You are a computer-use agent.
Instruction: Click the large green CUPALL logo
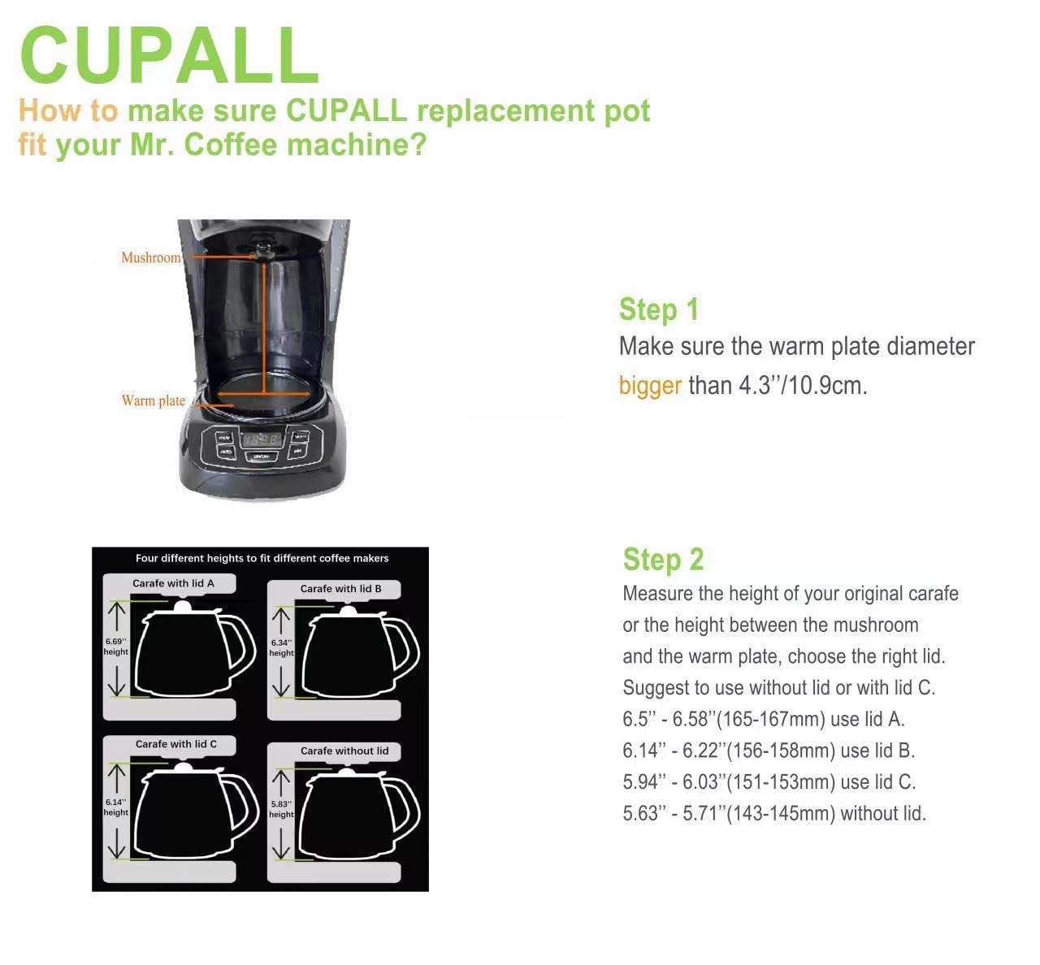tap(169, 55)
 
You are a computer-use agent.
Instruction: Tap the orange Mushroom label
tap(151, 257)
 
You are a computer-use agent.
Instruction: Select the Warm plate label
tap(154, 400)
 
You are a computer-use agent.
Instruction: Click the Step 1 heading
tap(659, 309)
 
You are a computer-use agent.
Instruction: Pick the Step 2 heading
tap(663, 559)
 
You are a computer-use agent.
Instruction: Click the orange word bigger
tap(650, 386)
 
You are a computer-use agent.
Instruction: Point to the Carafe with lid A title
tap(173, 583)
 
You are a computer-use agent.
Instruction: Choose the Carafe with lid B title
tap(341, 589)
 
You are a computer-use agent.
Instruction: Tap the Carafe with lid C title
tap(176, 744)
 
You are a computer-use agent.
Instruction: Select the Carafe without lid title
tap(344, 751)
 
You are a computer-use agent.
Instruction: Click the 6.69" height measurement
tap(115, 647)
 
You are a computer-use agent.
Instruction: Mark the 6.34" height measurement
tap(282, 647)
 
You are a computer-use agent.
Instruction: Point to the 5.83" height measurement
tap(282, 809)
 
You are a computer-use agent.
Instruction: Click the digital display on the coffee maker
tap(262, 439)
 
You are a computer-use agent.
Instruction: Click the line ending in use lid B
tap(769, 751)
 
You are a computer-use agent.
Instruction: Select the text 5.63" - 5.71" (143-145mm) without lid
tap(774, 814)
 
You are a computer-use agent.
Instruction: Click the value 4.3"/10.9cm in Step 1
tap(803, 386)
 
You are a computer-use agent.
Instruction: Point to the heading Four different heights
tap(262, 558)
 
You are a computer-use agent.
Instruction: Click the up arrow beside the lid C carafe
tap(116, 778)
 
